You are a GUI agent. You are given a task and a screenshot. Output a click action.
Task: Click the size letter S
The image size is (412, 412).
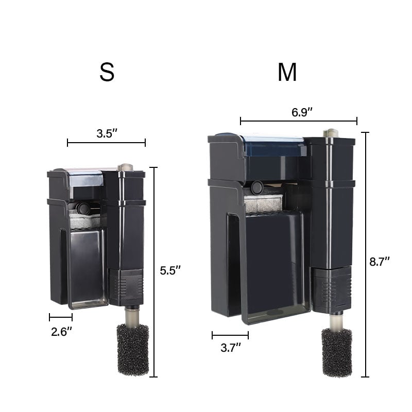click(x=107, y=72)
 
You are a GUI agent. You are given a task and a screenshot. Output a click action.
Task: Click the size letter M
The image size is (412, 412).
click(x=287, y=72)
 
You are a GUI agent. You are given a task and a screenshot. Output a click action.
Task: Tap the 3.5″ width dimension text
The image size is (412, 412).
click(x=107, y=133)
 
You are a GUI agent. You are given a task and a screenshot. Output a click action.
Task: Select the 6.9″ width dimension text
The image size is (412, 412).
click(x=302, y=112)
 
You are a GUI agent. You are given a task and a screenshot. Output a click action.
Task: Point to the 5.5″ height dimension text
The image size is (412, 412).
click(x=170, y=270)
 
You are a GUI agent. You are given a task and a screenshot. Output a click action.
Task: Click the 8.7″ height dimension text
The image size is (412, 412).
click(x=380, y=262)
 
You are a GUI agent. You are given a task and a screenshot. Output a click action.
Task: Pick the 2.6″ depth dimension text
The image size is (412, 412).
click(x=61, y=332)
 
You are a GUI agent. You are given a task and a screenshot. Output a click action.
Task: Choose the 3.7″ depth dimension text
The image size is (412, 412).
click(x=231, y=348)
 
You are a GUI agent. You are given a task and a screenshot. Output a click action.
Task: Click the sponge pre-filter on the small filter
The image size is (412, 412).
click(x=133, y=350)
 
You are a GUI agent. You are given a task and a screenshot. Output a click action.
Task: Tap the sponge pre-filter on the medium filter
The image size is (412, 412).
click(x=337, y=352)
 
